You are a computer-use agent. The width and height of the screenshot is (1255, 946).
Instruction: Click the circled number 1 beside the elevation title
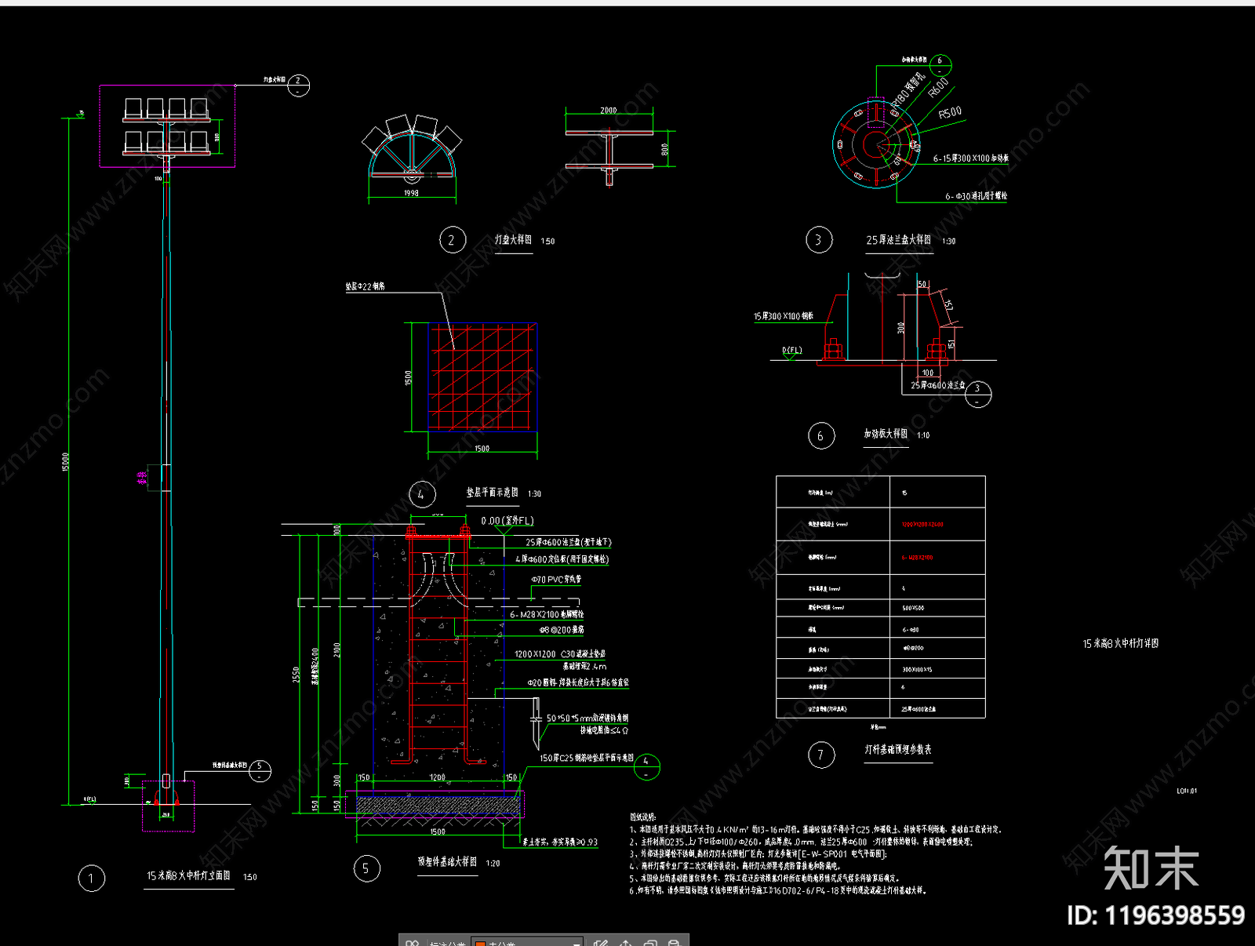coord(91,878)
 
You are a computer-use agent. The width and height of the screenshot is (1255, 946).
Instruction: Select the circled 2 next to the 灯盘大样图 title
coord(452,240)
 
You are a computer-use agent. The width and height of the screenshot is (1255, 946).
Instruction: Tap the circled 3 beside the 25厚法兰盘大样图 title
coord(819,240)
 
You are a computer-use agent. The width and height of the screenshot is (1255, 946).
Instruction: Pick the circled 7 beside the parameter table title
coord(821,755)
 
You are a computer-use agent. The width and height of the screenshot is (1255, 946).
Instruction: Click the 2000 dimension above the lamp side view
coord(609,111)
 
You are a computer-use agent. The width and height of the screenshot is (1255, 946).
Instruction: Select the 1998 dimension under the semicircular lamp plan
coord(411,193)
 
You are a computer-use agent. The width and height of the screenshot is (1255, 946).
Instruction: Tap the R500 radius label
coord(950,113)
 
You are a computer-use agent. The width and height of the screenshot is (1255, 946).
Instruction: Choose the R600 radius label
coord(938,87)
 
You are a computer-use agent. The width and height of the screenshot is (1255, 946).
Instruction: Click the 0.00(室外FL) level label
coord(507,521)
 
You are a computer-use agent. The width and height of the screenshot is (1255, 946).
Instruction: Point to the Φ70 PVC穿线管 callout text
coord(556,580)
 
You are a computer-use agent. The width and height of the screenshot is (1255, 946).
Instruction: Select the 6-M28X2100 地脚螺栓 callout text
coord(547,614)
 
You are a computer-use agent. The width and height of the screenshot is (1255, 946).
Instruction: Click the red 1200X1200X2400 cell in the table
coord(922,524)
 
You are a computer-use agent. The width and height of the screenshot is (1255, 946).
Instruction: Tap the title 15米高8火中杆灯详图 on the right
coord(1120,643)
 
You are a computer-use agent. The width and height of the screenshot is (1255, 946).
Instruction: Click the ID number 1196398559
coord(1174,915)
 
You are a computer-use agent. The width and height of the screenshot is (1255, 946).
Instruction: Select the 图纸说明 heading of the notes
coord(642,817)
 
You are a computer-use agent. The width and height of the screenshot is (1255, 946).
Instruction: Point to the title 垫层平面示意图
coord(493,493)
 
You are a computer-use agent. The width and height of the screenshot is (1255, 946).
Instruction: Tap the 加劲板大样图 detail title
coord(886,434)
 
